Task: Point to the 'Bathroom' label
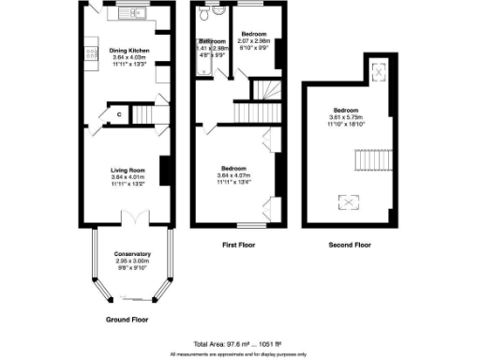point(212,42)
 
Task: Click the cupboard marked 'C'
point(119,114)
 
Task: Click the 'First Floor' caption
point(237,245)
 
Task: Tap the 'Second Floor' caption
point(348,245)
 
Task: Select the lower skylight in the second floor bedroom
point(346,200)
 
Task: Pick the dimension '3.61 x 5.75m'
point(344,116)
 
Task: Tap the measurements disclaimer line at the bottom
point(239,354)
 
